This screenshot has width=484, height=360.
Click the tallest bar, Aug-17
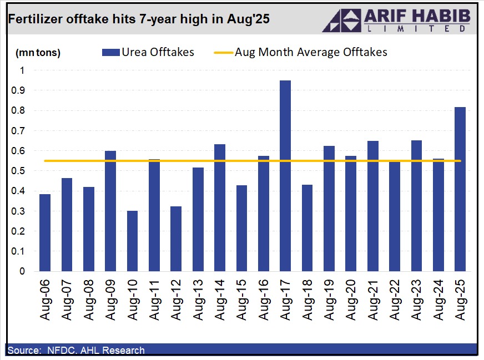[285, 176]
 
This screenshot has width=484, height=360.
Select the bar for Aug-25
[460, 189]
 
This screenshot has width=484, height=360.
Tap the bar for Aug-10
[133, 241]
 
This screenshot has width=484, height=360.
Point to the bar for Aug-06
[45, 233]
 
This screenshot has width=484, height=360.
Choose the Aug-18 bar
[307, 228]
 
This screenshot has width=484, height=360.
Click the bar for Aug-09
[110, 211]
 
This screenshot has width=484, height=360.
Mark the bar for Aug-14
[220, 207]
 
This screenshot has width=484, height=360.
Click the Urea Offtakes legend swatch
[111, 52]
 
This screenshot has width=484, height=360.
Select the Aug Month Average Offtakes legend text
[311, 52]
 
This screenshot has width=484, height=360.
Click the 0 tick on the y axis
[22, 271]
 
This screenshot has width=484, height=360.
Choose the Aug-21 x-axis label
[373, 300]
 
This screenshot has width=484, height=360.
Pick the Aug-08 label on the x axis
[89, 300]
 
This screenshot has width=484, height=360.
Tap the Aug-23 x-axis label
[417, 300]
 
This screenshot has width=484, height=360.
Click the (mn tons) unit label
[38, 53]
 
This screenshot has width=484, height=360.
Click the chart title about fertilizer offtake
[139, 19]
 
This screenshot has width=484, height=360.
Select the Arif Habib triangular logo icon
[341, 20]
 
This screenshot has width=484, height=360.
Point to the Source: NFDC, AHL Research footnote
[76, 350]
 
